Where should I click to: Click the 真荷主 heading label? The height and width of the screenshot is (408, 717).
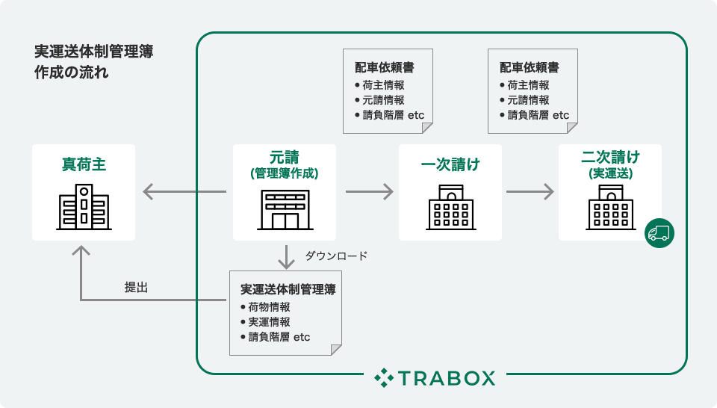point(84,164)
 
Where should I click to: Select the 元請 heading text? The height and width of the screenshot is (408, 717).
point(284,158)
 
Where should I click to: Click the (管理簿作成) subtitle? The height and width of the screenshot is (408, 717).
point(284,173)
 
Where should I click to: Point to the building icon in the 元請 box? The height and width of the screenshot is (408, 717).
point(284,209)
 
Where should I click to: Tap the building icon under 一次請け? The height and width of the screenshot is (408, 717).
point(450,207)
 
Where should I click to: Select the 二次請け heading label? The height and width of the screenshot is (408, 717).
point(610,158)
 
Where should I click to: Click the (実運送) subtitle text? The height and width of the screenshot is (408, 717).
point(610,173)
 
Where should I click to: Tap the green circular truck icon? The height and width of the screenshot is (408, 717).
point(659,232)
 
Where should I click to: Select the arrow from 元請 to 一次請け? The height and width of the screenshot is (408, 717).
point(369,192)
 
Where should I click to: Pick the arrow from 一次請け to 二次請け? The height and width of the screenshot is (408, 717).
point(530,192)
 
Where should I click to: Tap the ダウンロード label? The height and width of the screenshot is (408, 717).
point(336,256)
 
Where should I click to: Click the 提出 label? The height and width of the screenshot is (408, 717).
point(136,287)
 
